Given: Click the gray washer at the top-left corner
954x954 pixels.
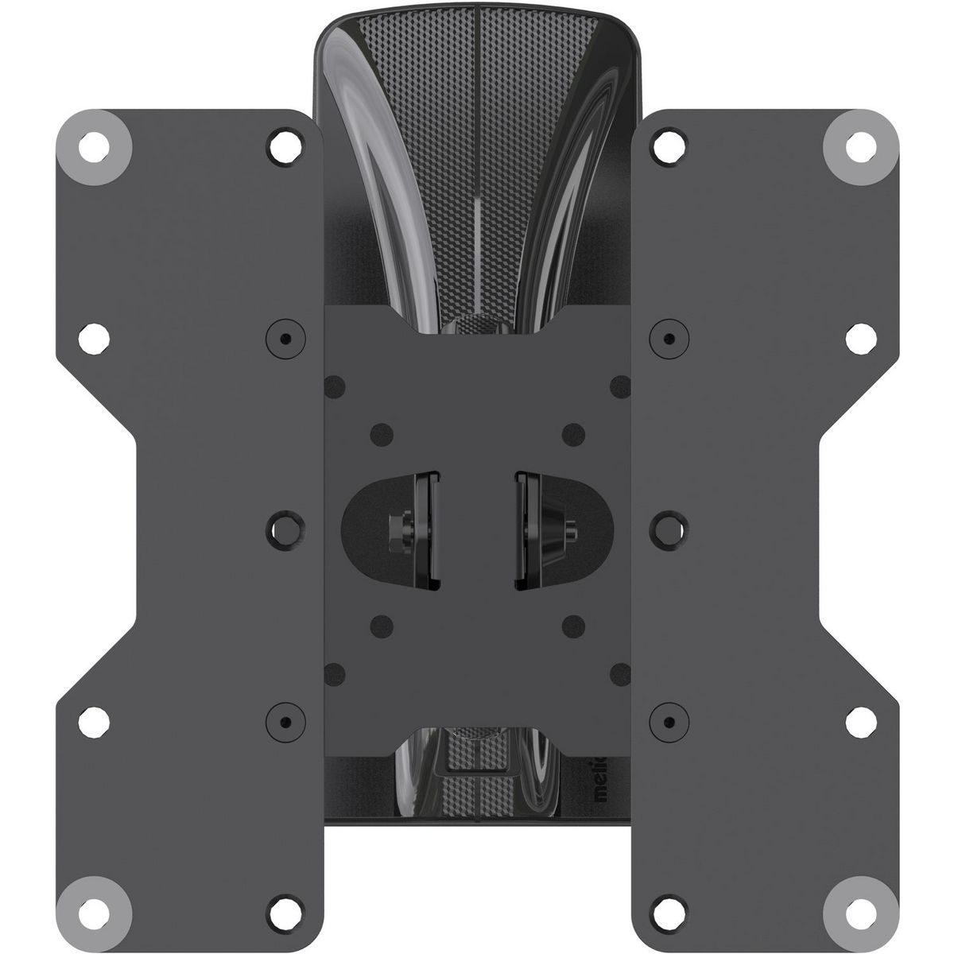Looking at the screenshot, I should (95, 145).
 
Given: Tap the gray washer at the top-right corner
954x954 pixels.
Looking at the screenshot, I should (857, 145).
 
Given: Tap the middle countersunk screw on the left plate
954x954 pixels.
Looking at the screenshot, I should (284, 524).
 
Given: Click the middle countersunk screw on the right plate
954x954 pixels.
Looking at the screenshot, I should (669, 524).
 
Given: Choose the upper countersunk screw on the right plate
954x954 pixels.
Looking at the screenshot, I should (669, 337).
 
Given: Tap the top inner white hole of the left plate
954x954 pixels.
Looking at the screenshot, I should (283, 146).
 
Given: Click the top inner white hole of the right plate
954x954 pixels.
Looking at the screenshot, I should (670, 146).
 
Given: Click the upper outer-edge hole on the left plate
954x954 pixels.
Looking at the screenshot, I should (96, 337).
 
